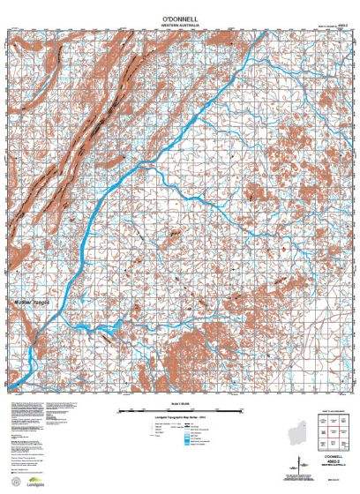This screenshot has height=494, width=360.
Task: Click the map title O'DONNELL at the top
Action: pos(180,17)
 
